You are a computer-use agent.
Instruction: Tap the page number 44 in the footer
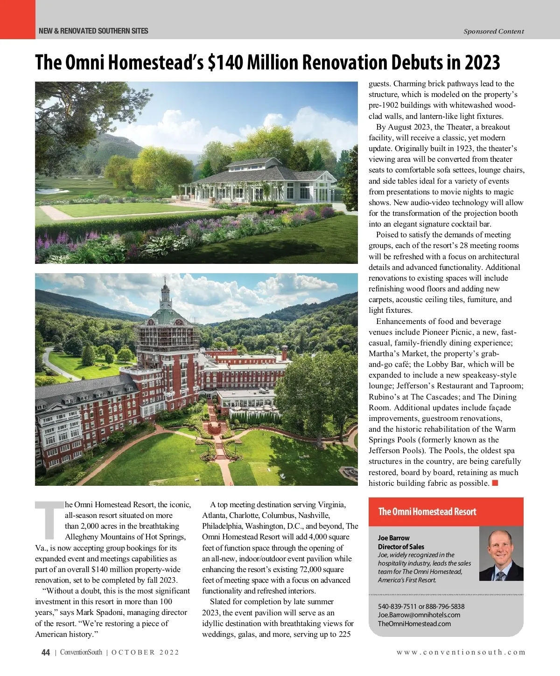pyautogui.click(x=45, y=652)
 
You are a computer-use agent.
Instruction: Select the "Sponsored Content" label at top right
pyautogui.click(x=494, y=31)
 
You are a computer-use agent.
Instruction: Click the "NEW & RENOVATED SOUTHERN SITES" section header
pyautogui.click(x=93, y=31)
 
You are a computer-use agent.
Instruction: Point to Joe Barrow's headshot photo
pyautogui.click(x=501, y=554)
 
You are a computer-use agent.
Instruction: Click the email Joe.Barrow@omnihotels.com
pyautogui.click(x=419, y=615)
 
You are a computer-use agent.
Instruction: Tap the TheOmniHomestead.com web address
pyautogui.click(x=414, y=624)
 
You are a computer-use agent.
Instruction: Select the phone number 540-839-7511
pyautogui.click(x=397, y=607)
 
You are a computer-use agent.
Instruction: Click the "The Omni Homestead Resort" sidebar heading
pyautogui.click(x=427, y=511)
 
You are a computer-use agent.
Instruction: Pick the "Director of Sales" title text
pyautogui.click(x=401, y=546)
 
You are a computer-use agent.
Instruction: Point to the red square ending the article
pyautogui.click(x=495, y=483)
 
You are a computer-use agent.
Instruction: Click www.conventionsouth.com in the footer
pyautogui.click(x=461, y=652)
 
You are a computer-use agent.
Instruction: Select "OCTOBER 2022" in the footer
pyautogui.click(x=145, y=652)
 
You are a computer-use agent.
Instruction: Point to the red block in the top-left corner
pyautogui.click(x=17, y=19)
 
